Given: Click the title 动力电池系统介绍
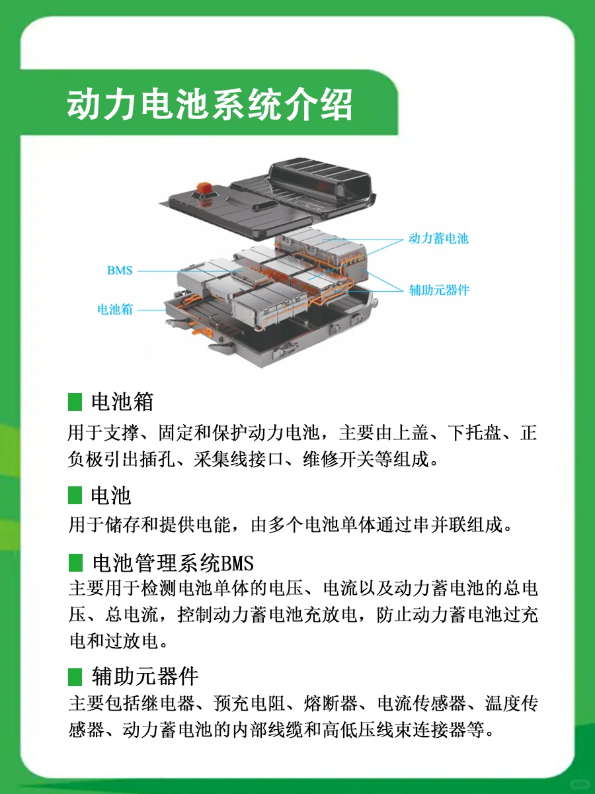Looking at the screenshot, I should click(x=210, y=105).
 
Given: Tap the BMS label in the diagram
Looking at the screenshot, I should click(x=120, y=270).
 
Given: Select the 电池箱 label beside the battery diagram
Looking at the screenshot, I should click(x=115, y=309).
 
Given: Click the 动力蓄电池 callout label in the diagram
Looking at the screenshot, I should click(x=438, y=238).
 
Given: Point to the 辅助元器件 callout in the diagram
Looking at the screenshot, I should click(x=439, y=290).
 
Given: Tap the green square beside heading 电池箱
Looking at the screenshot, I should click(x=75, y=402).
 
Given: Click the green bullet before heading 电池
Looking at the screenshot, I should click(x=75, y=495).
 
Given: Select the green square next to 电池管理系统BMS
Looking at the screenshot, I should click(x=75, y=564).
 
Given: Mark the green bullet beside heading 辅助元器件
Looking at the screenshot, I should click(x=75, y=677).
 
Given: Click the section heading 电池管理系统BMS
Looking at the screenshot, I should click(x=173, y=564).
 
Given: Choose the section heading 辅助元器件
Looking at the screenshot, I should click(x=145, y=677).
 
